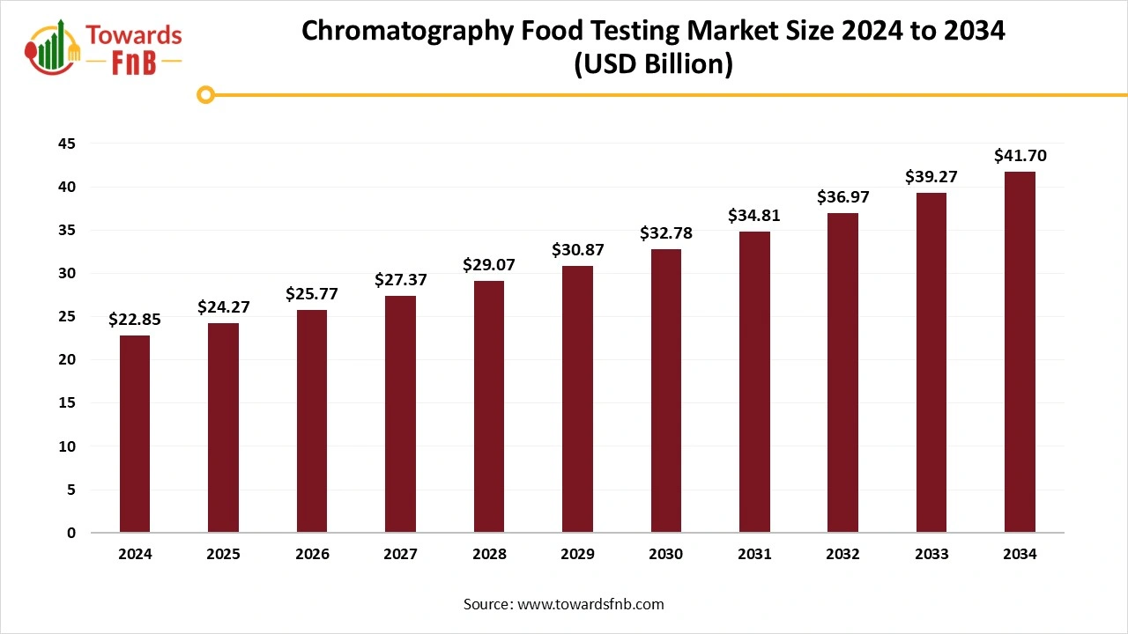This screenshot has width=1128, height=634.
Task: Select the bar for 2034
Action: [1020, 352]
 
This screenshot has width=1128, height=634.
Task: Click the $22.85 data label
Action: [135, 321]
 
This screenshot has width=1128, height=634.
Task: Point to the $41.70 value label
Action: [1020, 156]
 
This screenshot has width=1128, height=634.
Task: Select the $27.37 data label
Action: [400, 280]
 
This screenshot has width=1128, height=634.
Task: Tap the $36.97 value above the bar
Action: [842, 197]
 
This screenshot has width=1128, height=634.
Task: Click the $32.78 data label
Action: [665, 233]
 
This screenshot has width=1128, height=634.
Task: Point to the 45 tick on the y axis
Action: [65, 144]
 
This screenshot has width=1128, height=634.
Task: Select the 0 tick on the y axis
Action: [71, 533]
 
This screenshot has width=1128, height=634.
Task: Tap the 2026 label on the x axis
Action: [312, 555]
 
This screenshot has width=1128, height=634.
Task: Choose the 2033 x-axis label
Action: [931, 555]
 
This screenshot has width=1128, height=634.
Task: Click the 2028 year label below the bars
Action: [489, 555]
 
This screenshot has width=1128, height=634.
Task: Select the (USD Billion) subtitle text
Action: [653, 65]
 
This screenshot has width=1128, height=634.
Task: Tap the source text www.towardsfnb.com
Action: [590, 604]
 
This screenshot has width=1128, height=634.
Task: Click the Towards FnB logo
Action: [103, 48]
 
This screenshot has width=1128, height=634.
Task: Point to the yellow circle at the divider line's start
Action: [205, 94]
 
